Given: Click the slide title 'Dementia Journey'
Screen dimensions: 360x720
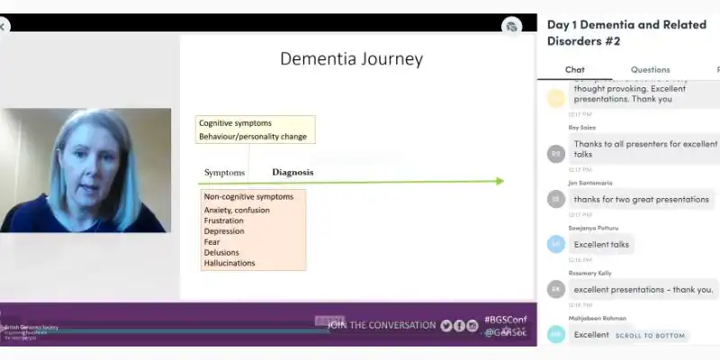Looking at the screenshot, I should [x=351, y=59].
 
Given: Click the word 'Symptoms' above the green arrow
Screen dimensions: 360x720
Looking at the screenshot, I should [x=224, y=172].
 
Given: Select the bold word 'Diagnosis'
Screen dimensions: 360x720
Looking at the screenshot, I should [x=292, y=172].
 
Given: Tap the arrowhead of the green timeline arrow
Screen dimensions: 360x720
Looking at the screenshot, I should [x=499, y=181].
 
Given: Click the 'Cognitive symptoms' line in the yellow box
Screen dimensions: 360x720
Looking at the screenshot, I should [x=235, y=123].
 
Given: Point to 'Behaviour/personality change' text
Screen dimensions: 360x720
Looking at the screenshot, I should [x=253, y=137].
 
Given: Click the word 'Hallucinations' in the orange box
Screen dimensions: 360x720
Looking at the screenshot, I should [x=229, y=263].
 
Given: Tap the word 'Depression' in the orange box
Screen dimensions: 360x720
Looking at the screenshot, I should [x=224, y=231].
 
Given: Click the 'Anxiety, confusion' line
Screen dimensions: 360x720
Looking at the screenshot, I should [x=237, y=211].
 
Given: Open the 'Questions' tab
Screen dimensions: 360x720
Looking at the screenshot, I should [x=650, y=69].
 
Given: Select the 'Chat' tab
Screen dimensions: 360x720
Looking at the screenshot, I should [x=575, y=69].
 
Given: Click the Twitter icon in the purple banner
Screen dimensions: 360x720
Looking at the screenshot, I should [x=446, y=326].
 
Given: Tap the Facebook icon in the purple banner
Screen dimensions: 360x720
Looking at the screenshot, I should [x=460, y=326].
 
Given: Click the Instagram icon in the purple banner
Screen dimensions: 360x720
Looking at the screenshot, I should [x=472, y=326].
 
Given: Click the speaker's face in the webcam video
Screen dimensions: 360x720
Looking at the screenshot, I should [x=86, y=162].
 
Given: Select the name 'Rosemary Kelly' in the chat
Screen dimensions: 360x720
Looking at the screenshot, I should [x=589, y=273].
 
